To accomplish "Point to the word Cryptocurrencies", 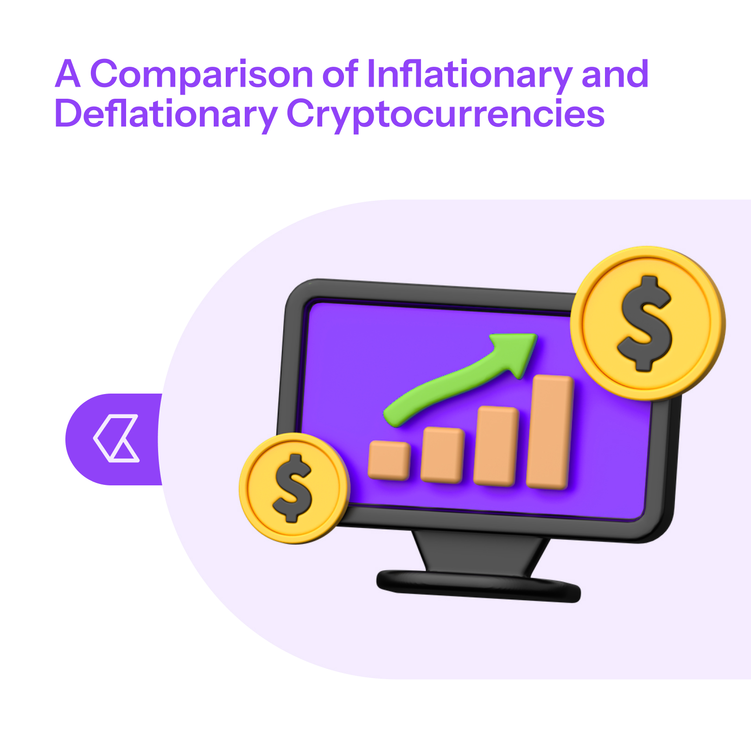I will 446,114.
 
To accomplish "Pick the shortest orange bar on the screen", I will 389,460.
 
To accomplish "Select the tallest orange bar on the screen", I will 550,432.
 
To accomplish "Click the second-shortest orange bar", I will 442,455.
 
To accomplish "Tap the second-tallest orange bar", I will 496,446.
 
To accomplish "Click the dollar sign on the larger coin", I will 645,324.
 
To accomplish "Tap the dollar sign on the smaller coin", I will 293,488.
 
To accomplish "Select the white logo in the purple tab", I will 116,438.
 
